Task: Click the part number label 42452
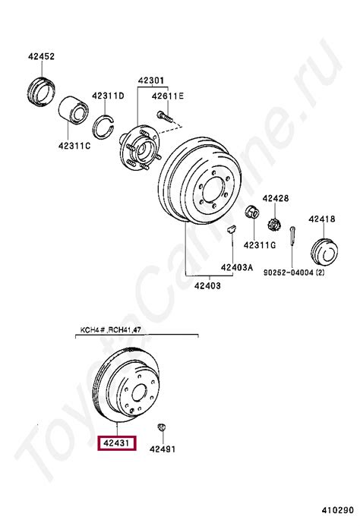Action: tap(41, 56)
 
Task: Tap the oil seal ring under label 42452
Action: tap(41, 90)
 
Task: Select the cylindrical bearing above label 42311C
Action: tap(74, 110)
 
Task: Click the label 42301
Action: tap(151, 81)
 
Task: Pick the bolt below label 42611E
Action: tap(165, 116)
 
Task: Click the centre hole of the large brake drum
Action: tap(214, 190)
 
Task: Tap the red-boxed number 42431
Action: tap(116, 443)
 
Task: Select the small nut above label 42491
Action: tap(163, 427)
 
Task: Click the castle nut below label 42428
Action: tap(275, 224)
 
